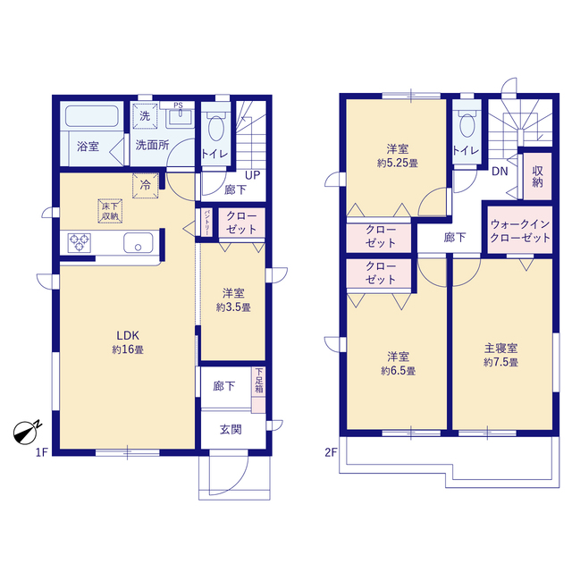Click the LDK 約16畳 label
point(123,342)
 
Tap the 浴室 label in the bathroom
point(87,146)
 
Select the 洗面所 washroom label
point(152,146)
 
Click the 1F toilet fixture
point(214,130)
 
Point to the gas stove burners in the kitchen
point(79,242)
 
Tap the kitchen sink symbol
point(140,242)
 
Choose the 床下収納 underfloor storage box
point(109,211)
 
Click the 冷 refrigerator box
point(145,186)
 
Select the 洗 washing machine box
point(145,114)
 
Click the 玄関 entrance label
point(231,429)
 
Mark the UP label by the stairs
point(253,175)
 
